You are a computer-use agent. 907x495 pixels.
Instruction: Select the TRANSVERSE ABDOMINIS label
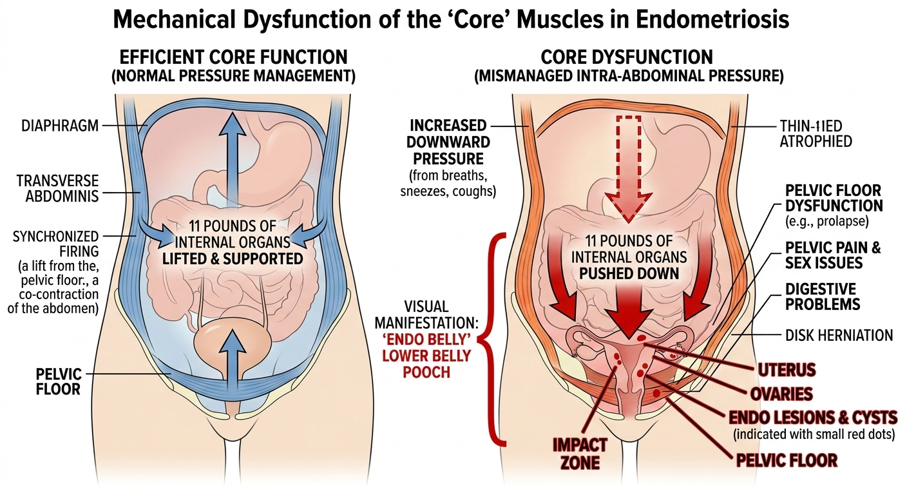pos(59,188)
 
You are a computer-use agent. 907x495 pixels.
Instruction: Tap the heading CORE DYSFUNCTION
pos(627,57)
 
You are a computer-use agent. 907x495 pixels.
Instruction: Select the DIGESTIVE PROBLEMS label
pos(821,296)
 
